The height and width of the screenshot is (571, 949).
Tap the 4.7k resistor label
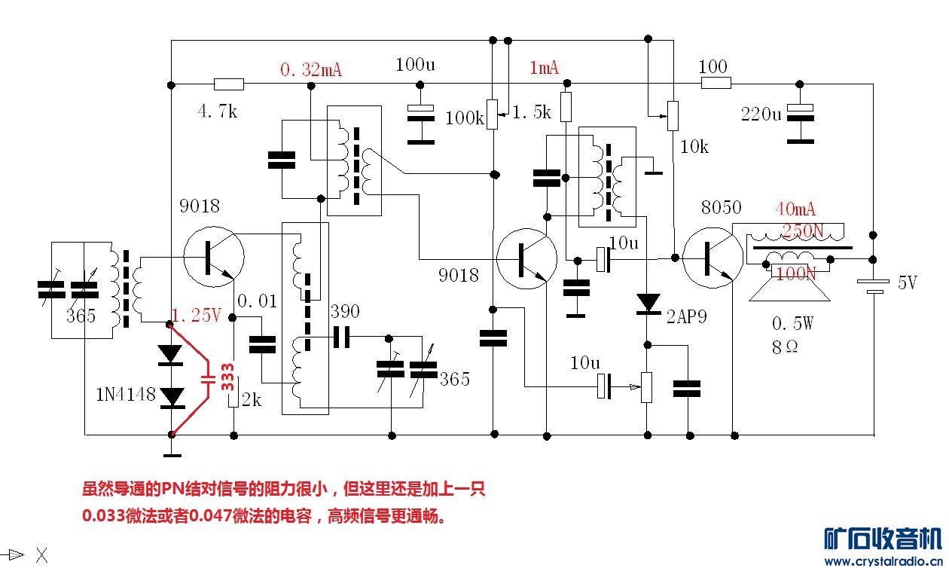217,112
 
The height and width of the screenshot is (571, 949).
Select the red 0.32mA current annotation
311,70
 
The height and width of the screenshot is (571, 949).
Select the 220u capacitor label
761,115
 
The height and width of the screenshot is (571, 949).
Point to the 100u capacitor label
415,65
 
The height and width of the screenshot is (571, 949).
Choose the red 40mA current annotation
796,209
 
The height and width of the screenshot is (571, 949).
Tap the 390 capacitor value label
345,312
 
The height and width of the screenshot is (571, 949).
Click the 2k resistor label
251,400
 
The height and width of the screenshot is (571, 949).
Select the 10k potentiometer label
694,147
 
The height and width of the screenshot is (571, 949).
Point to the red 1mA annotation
545,69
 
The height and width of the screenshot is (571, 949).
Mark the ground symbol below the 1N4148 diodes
172,453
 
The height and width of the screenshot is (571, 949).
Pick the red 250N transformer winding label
803,230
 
